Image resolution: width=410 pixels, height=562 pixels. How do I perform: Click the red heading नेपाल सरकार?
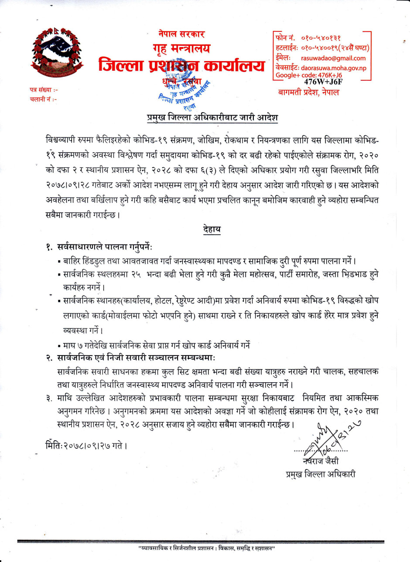point(181,34)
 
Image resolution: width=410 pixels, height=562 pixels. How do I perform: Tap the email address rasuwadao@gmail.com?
point(333,58)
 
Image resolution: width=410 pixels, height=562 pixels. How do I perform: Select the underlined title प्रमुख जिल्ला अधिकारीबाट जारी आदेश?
point(212,118)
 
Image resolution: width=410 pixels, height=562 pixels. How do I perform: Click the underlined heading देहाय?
point(212,230)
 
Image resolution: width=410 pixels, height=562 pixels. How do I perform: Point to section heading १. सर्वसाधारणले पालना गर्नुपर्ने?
point(103,247)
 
